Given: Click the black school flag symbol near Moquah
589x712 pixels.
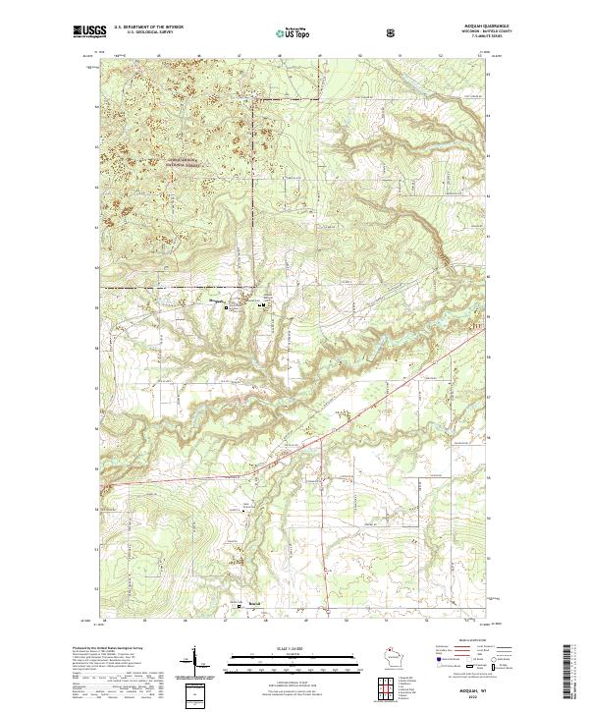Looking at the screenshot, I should click(x=228, y=307).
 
